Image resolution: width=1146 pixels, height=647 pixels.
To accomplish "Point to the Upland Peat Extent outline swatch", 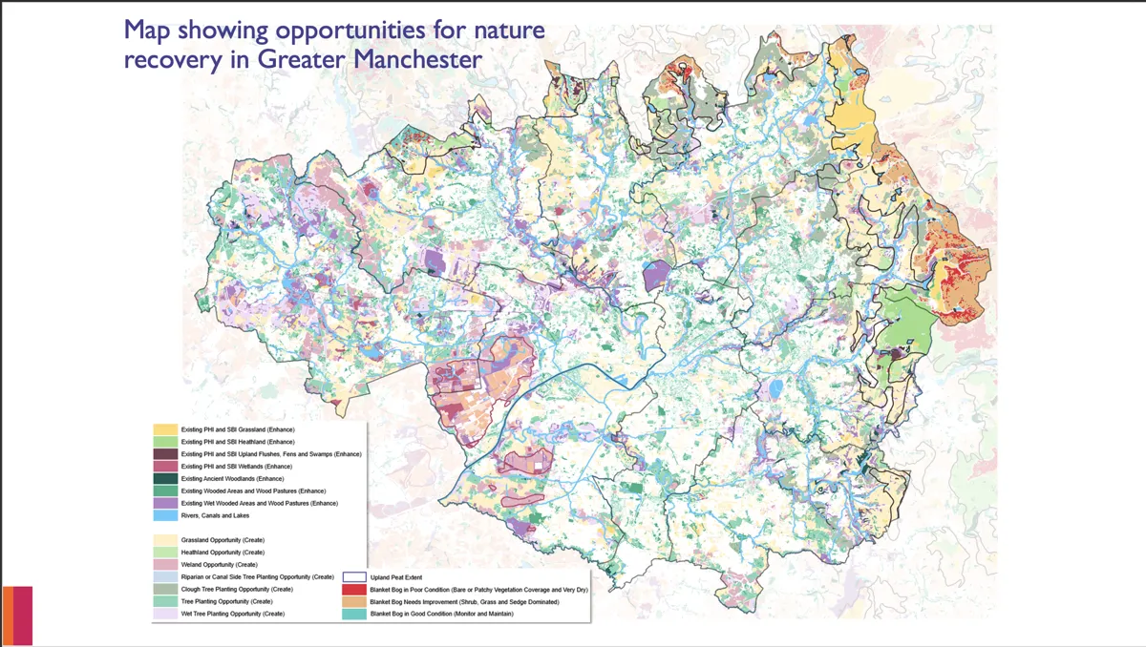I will (354, 577).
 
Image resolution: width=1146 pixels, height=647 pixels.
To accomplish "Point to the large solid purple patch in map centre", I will (655, 275).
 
